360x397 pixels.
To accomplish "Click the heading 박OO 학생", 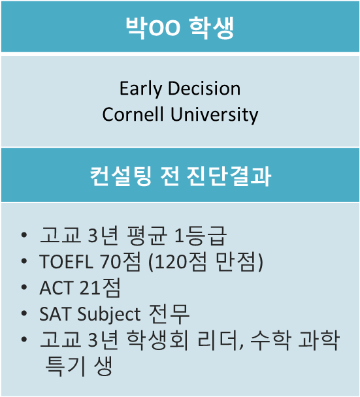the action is [180, 27].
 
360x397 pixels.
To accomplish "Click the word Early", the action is [140, 89].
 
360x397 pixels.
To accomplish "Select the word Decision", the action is [205, 88].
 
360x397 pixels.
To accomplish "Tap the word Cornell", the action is [133, 114].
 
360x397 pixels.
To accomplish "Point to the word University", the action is [214, 115].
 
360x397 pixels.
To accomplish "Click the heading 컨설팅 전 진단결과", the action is [180, 176].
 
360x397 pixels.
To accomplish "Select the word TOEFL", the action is [67, 262].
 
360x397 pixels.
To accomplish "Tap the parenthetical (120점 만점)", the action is [206, 262].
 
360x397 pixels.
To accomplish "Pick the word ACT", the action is [56, 288].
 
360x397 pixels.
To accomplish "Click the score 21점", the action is [100, 287].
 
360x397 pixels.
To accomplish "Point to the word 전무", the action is [169, 314].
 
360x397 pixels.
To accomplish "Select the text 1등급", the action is [200, 236].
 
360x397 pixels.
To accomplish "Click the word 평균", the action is [147, 236].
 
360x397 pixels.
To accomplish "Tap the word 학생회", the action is [157, 340].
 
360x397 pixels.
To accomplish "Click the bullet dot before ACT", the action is [24, 287].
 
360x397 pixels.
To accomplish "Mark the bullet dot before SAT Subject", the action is [24, 313].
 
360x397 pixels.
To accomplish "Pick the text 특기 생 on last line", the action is [78, 366].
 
